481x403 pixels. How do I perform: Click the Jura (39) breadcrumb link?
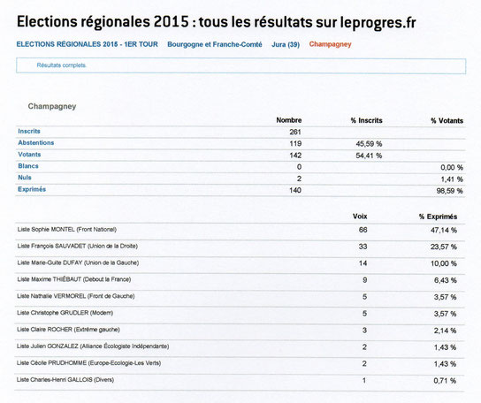coord(286,44)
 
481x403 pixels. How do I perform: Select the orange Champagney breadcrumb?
coord(330,44)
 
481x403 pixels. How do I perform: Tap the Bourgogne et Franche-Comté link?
coord(215,44)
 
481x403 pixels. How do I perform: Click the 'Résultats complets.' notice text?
coord(62,65)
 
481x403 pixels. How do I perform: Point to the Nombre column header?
coord(289,120)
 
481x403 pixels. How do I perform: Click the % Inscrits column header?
coord(367,120)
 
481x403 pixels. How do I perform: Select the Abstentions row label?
coord(36,142)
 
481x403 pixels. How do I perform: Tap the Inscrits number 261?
coord(295,132)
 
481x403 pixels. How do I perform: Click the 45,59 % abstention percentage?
coord(369,144)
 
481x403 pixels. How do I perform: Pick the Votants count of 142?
coord(295,156)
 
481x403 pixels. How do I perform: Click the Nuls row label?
coord(25,178)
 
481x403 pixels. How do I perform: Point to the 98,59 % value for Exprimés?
coord(449,191)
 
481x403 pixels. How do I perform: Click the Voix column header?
coord(360,217)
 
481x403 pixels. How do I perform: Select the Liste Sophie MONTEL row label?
coord(67,230)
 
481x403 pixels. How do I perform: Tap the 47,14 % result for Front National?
coord(444,230)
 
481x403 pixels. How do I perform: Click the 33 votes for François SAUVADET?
coord(363,247)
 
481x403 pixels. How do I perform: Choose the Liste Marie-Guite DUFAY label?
coord(78,262)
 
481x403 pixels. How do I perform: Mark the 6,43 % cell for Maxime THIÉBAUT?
coord(445,280)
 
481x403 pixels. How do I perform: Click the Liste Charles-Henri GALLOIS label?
coord(65,380)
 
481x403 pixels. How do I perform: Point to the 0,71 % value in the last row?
coord(445,381)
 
